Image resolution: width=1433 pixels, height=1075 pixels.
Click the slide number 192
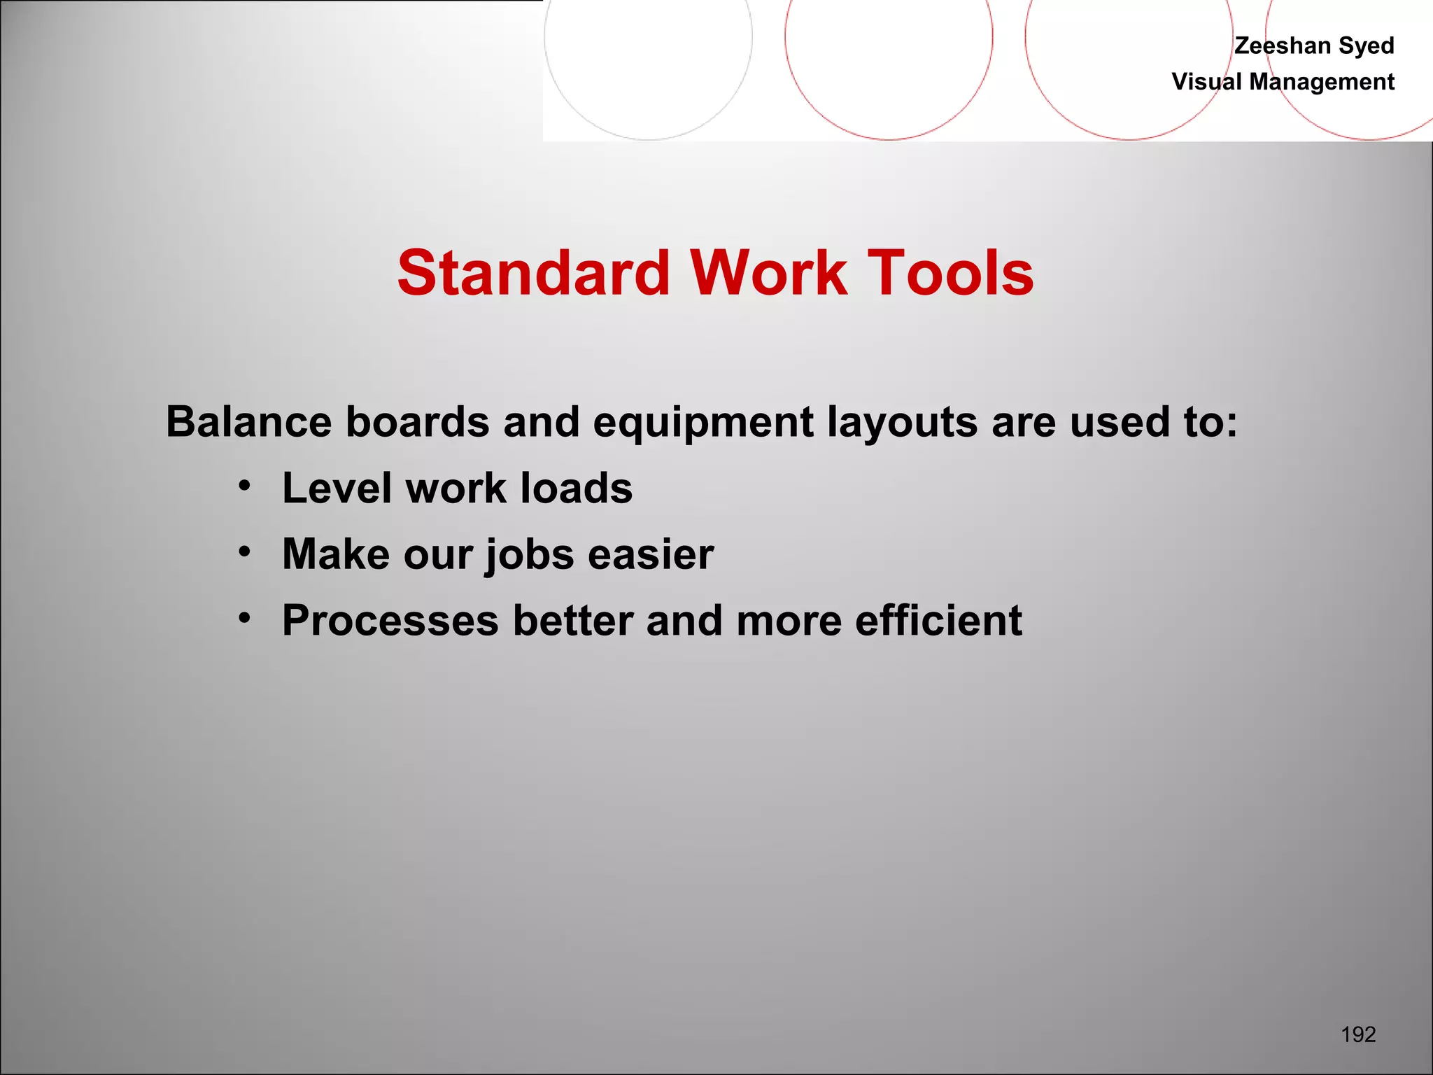[x=1358, y=1034]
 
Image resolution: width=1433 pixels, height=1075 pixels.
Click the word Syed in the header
[x=1367, y=45]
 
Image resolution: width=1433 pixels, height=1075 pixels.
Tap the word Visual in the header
[x=1207, y=82]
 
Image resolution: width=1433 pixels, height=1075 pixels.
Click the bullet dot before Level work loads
[x=244, y=485]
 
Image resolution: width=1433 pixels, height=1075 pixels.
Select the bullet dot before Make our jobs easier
[x=244, y=551]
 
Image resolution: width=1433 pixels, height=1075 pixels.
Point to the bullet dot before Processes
[x=244, y=618]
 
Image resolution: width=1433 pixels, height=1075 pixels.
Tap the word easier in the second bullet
[x=651, y=554]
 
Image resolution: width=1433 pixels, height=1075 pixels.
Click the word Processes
[x=390, y=621]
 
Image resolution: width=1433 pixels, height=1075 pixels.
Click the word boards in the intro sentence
[x=418, y=422]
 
